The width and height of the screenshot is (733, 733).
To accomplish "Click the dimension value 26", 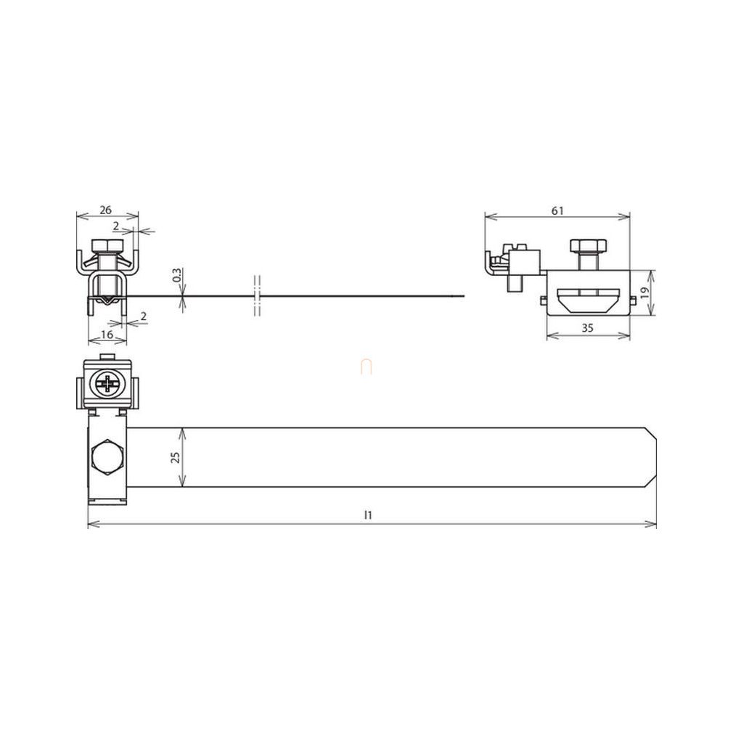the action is pyautogui.click(x=106, y=210).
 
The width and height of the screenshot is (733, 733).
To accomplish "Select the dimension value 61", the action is pyautogui.click(x=557, y=211).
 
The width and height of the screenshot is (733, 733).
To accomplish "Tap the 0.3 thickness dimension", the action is pyautogui.click(x=176, y=274).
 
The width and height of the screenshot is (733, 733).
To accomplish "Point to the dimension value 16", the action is pyautogui.click(x=107, y=335).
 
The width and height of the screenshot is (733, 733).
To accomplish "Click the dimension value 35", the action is pyautogui.click(x=587, y=328).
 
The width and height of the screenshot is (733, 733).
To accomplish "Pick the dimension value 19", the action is pyautogui.click(x=645, y=293).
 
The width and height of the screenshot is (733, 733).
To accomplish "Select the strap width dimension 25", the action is pyautogui.click(x=176, y=457).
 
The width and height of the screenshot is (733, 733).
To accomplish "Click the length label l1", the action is pyautogui.click(x=368, y=515).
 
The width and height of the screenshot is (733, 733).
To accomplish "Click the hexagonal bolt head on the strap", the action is pyautogui.click(x=107, y=457).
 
